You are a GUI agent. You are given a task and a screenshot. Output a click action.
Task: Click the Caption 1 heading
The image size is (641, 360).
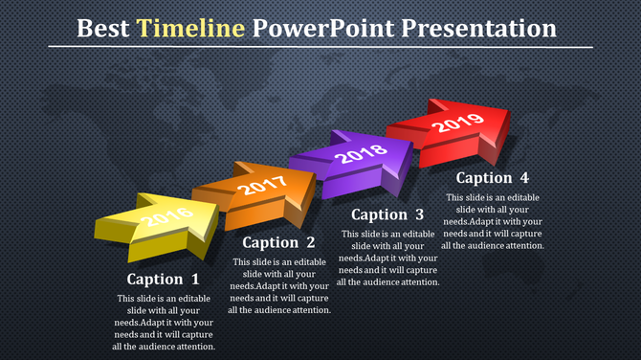[164, 280]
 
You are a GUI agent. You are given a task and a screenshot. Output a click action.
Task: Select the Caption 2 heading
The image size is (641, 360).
[278, 243]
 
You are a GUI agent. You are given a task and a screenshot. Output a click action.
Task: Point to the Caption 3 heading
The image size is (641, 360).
[387, 214]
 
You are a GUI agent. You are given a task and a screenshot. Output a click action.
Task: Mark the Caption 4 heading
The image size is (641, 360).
[492, 177]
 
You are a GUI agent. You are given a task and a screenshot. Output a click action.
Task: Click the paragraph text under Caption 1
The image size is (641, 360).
[164, 323]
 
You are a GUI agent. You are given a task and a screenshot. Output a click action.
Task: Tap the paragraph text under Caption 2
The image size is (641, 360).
[278, 285]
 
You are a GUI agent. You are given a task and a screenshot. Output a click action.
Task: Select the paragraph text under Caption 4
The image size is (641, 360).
[496, 221]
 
